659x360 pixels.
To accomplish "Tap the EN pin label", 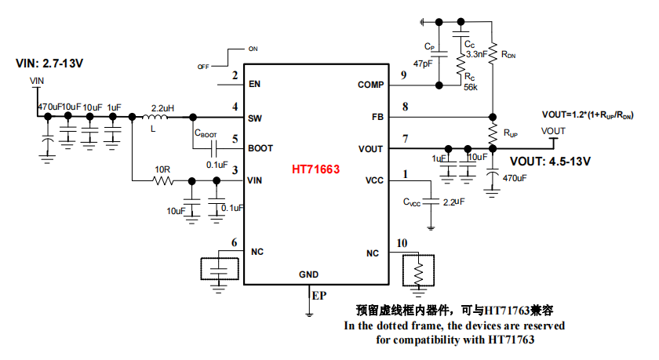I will tap(254, 84).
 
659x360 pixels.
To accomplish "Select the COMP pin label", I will tap(370, 84).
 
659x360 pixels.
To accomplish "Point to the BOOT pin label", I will tap(260, 147).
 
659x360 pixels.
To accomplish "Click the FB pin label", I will tap(377, 116).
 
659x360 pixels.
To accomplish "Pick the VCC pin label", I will tap(374, 180).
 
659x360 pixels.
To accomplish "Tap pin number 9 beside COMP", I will tap(403, 75).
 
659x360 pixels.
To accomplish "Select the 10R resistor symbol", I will tap(162, 180).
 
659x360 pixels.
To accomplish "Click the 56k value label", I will tap(471, 87).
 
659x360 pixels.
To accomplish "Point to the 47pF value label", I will tap(423, 63).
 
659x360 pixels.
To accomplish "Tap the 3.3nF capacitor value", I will tap(476, 55).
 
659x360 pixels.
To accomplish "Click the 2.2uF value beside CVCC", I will tap(453, 202).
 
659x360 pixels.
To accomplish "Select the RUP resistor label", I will tap(510, 133).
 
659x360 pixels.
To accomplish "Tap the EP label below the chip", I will tap(319, 296).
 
